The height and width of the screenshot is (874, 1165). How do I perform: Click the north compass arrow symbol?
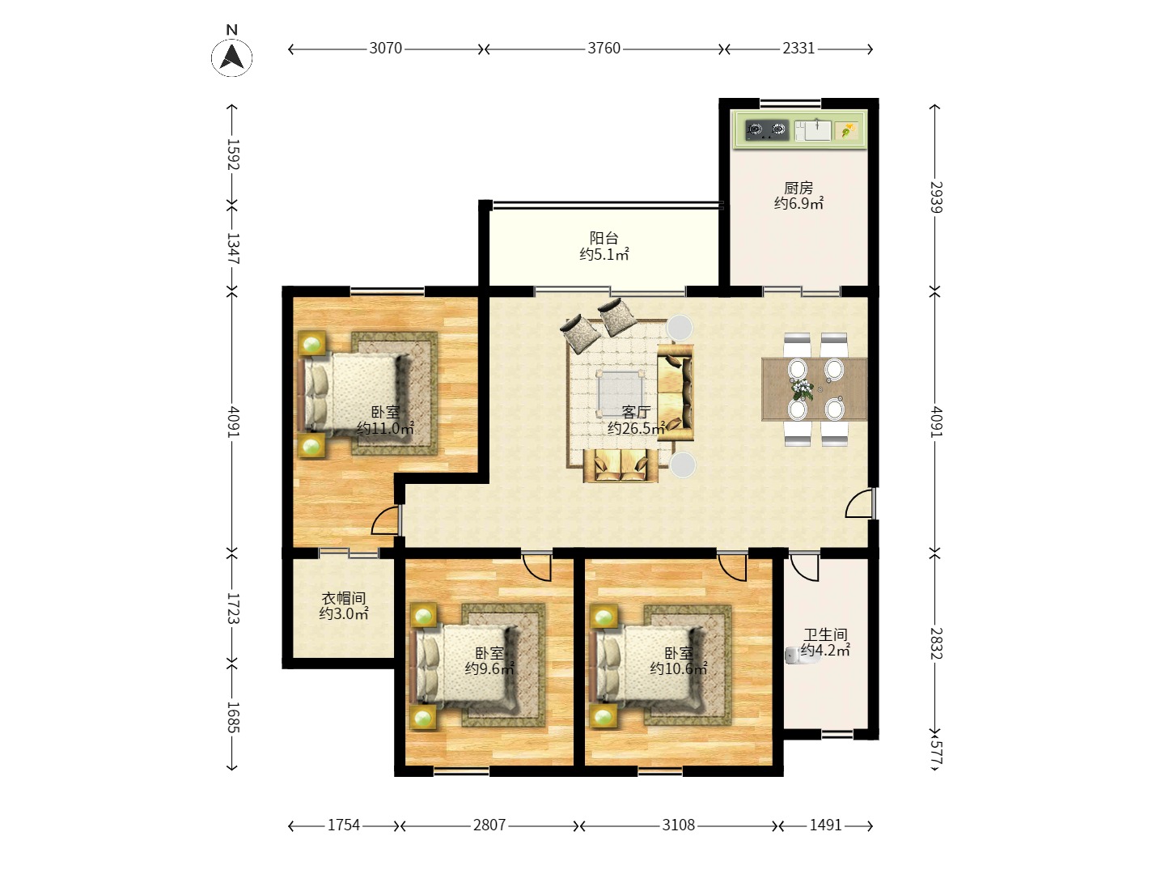(232, 57)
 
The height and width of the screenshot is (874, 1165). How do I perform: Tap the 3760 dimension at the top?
(604, 49)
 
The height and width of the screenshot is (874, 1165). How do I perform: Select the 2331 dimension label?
(799, 49)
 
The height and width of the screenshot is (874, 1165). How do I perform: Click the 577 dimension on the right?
(936, 753)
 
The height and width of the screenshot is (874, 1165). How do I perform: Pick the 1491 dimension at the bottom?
(825, 825)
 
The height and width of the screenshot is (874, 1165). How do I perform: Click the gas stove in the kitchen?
(766, 129)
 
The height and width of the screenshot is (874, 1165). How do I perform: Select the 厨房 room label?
(799, 188)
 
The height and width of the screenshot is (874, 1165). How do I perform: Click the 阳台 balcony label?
(604, 238)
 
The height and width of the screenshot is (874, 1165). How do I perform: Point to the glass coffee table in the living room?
(620, 394)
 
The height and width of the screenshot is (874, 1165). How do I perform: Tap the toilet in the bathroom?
(794, 655)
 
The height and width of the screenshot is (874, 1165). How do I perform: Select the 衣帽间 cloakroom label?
(343, 599)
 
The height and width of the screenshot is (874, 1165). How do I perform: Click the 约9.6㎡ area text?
(489, 668)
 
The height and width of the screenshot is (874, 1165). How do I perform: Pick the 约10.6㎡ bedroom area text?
(678, 668)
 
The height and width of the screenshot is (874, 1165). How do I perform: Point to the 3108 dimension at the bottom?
(678, 825)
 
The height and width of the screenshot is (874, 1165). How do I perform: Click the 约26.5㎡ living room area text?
(636, 428)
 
